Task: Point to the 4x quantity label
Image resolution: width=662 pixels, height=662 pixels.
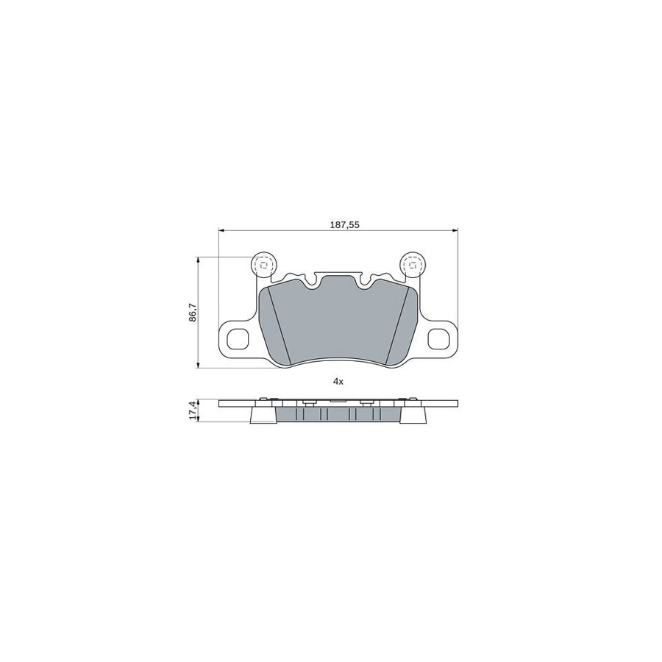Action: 338,382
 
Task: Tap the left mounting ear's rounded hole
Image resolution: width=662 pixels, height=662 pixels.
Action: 238,338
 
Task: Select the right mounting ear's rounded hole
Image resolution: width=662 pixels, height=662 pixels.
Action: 439,338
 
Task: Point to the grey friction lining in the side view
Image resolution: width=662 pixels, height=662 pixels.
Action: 338,415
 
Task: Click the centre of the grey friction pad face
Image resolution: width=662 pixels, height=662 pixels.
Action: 338,324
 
